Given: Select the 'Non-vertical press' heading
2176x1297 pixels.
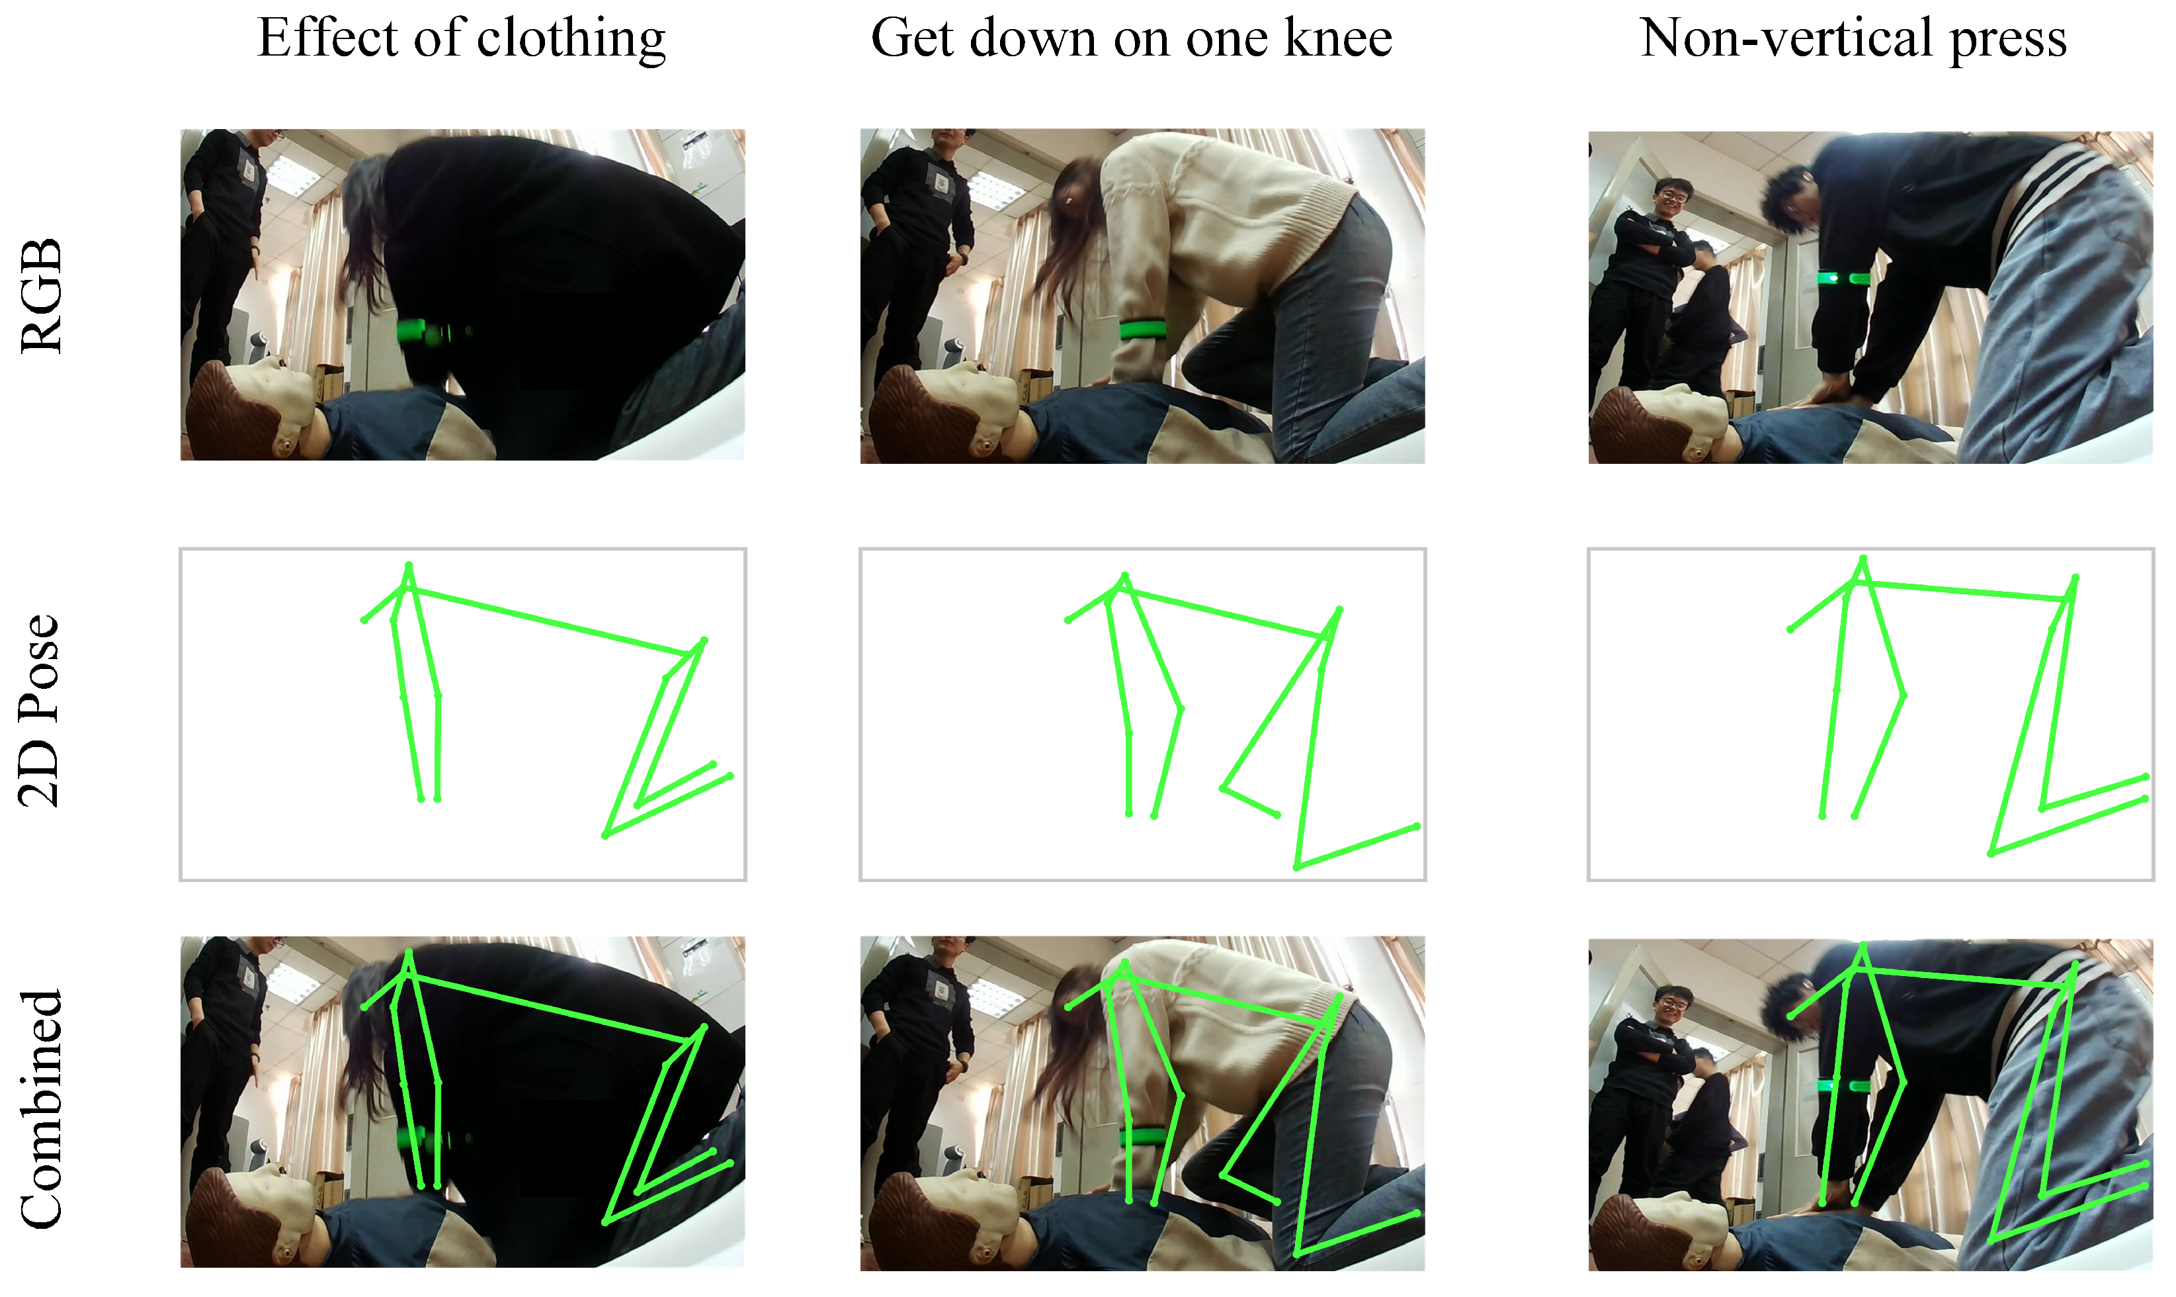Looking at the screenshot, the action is (1854, 39).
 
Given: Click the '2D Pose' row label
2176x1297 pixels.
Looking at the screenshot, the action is (40, 711).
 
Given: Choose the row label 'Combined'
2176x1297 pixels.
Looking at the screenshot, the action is (42, 1109).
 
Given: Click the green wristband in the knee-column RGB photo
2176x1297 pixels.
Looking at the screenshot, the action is (1144, 330).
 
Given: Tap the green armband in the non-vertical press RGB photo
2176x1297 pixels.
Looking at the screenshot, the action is (1843, 278).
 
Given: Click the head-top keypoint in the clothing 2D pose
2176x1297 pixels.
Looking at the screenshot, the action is (408, 566).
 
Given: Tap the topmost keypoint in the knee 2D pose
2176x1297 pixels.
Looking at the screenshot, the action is (1125, 576).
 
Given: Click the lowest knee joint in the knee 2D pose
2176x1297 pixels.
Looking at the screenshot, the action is (1297, 867).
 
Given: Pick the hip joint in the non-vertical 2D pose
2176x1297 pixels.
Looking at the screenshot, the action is (2075, 578).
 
